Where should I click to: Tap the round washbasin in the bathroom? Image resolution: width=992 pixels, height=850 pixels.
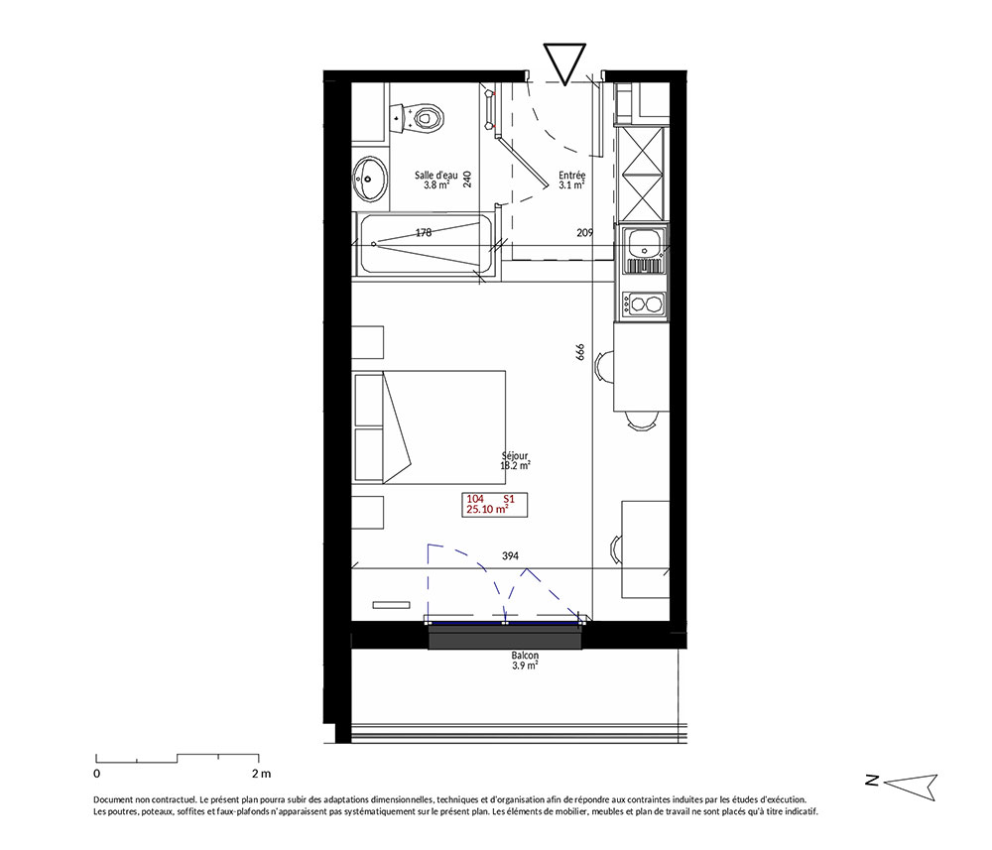(370, 178)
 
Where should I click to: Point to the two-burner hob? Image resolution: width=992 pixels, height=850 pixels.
(644, 304)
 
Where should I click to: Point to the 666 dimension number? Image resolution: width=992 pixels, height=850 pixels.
(580, 352)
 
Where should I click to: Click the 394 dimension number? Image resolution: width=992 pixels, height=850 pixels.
(510, 555)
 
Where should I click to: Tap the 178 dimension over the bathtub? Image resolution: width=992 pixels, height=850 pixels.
(424, 233)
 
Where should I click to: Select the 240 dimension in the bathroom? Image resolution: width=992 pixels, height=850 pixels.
(467, 180)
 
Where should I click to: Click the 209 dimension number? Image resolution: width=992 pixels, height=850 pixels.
(585, 233)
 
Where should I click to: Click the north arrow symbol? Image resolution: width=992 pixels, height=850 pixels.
(910, 785)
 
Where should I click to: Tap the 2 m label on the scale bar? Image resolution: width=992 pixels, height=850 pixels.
(261, 773)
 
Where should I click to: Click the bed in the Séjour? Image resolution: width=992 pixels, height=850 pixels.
(431, 427)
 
